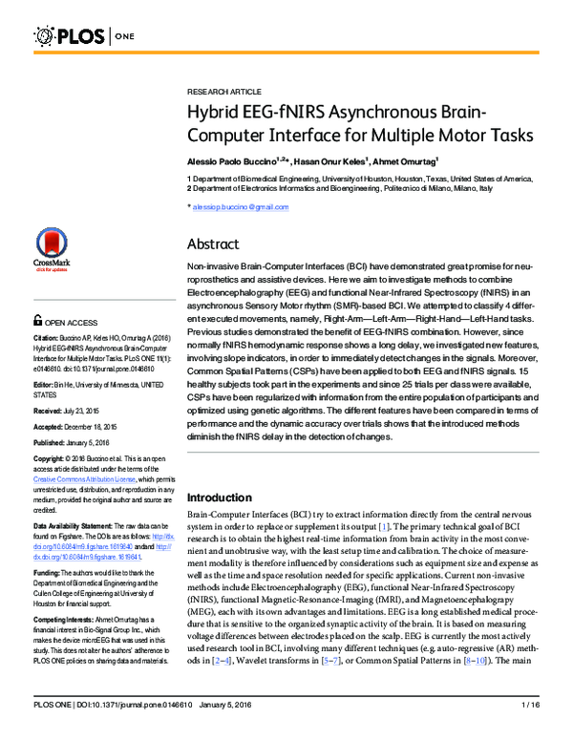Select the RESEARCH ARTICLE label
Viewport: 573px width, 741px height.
click(219, 84)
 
